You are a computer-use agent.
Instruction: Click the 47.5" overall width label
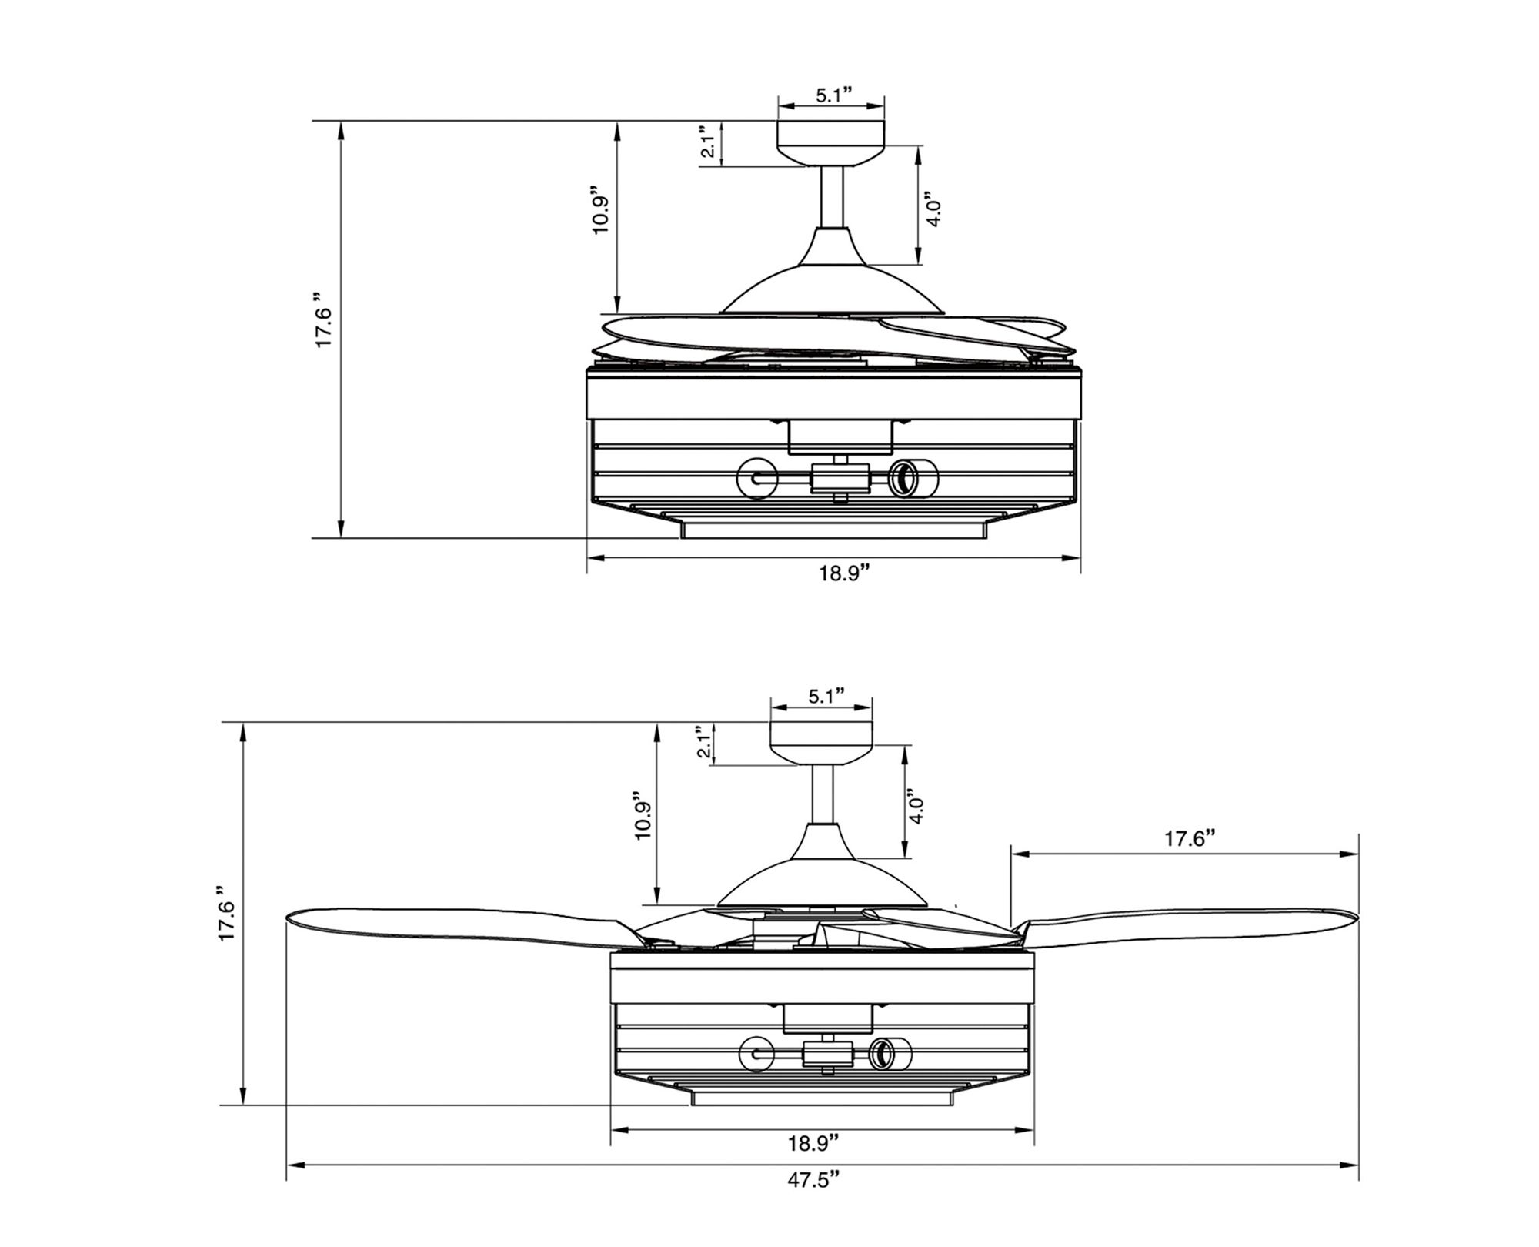[812, 1202]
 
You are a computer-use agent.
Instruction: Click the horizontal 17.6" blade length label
[1189, 838]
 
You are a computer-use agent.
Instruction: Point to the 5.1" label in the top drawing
[833, 95]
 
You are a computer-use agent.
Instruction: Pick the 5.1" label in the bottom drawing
[826, 697]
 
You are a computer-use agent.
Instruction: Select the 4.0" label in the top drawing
[933, 208]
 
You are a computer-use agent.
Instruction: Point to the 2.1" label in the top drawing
[709, 142]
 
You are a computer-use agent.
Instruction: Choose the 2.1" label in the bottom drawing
[703, 741]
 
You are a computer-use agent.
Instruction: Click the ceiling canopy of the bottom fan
[822, 743]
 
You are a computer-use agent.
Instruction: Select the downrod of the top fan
[831, 196]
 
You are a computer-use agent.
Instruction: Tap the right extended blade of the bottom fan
[1185, 928]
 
